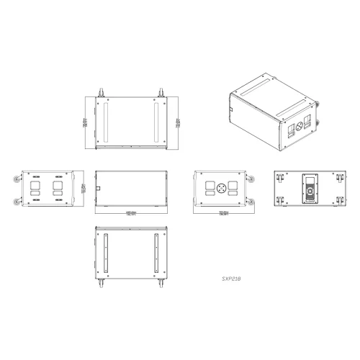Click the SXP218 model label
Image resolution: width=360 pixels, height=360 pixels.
(x=231, y=276)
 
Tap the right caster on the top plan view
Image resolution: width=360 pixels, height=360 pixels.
(x=162, y=91)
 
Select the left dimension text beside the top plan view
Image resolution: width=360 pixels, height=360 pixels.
(x=86, y=123)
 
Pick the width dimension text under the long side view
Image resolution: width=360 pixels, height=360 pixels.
(x=131, y=213)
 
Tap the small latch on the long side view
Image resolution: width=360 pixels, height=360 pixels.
(x=99, y=189)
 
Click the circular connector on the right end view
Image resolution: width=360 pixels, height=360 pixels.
(x=222, y=189)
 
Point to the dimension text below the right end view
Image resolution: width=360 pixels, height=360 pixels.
(x=223, y=212)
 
